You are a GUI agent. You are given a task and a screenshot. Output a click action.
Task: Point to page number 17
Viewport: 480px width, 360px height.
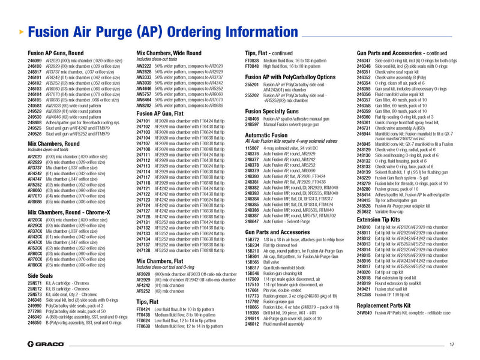click(x=452, y=344)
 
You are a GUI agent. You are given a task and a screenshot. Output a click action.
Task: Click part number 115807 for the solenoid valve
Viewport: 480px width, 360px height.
click(x=252, y=148)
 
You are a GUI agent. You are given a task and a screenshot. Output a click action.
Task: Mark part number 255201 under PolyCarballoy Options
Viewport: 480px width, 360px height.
click(x=252, y=85)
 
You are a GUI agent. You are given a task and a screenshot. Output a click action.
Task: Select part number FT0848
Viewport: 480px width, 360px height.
click(x=252, y=66)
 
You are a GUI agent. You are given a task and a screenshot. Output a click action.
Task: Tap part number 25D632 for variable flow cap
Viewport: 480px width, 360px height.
click(x=364, y=211)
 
